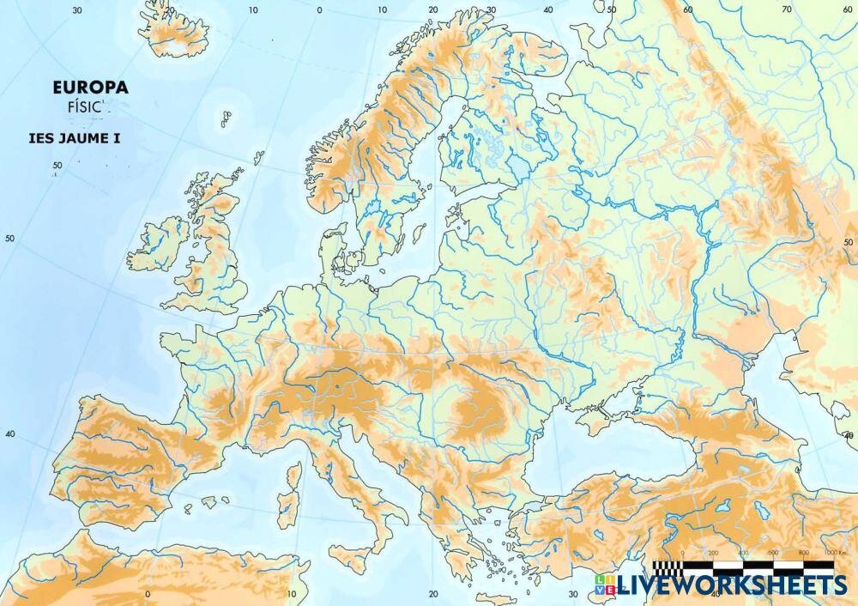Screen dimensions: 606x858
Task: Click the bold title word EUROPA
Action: [90, 87]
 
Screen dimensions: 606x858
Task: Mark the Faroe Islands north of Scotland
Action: [226, 117]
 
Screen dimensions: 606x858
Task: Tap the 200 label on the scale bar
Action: [711, 554]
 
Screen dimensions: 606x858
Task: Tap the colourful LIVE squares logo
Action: [604, 585]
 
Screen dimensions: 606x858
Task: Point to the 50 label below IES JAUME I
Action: [57, 166]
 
